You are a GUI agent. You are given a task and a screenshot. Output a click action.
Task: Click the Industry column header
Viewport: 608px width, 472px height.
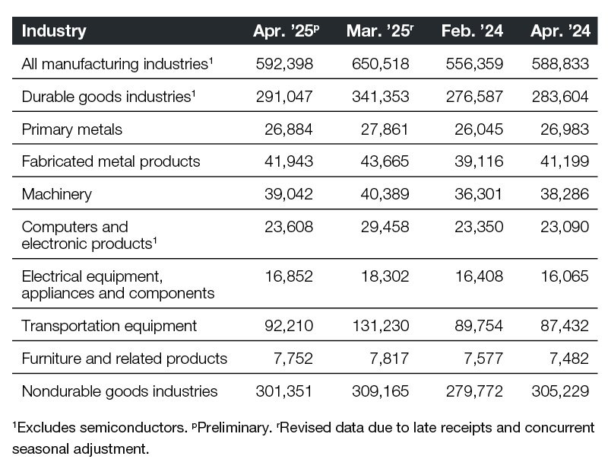coord(54,31)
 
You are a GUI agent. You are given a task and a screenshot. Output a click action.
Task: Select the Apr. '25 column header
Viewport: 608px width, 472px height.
coord(286,31)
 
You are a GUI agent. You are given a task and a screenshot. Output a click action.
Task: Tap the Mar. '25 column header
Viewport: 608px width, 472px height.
coord(378,31)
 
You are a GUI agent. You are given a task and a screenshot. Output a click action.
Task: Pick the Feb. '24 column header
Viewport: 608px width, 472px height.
coord(472,31)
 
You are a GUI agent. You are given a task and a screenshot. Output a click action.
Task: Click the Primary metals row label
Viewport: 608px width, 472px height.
coord(72,129)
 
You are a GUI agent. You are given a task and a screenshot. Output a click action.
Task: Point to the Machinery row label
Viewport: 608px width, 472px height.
coord(57,194)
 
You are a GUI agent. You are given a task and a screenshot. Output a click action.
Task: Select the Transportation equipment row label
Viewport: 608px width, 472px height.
coord(109,326)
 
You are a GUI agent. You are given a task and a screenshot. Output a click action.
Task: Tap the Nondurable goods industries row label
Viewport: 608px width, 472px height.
coord(120,391)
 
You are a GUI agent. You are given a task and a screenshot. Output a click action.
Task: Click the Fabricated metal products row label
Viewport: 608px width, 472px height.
coord(111,161)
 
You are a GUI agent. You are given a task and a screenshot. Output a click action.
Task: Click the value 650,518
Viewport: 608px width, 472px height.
coord(383,64)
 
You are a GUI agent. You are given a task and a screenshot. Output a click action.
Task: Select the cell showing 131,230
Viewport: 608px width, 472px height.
coord(383,326)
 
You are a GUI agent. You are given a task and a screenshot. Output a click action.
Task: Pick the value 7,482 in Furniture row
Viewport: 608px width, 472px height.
coord(568,359)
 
